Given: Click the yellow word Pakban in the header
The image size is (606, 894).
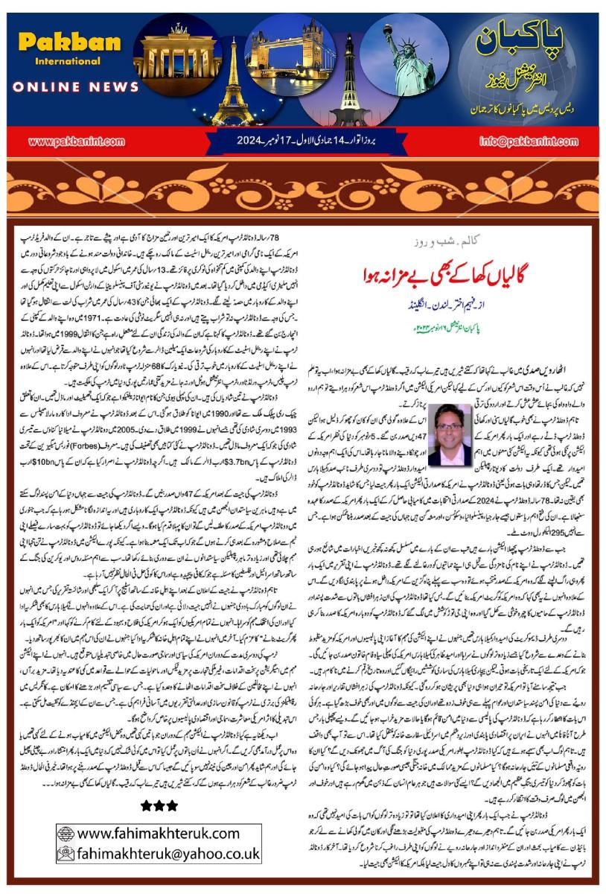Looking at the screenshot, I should click(x=70, y=42).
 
